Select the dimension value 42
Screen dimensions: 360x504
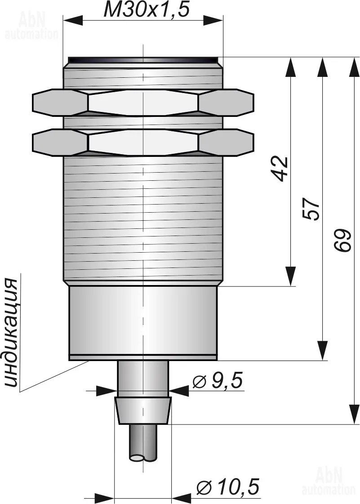pos(279,169)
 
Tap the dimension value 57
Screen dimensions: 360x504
pos(311,209)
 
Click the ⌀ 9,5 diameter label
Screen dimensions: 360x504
pos(217,380)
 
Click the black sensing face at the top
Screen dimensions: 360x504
pos(143,60)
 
